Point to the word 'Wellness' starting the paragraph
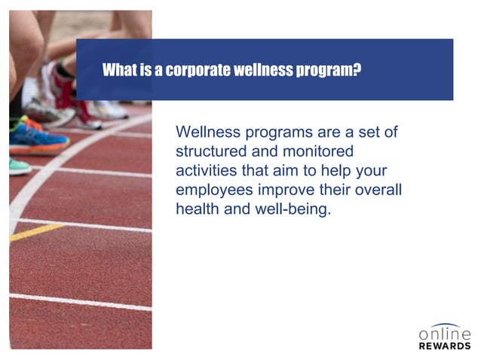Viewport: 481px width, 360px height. click(207, 131)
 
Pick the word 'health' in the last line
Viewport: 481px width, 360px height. click(195, 209)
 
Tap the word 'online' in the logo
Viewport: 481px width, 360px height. click(445, 333)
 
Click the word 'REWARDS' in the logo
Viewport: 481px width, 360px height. click(445, 346)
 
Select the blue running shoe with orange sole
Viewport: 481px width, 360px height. click(38, 136)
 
